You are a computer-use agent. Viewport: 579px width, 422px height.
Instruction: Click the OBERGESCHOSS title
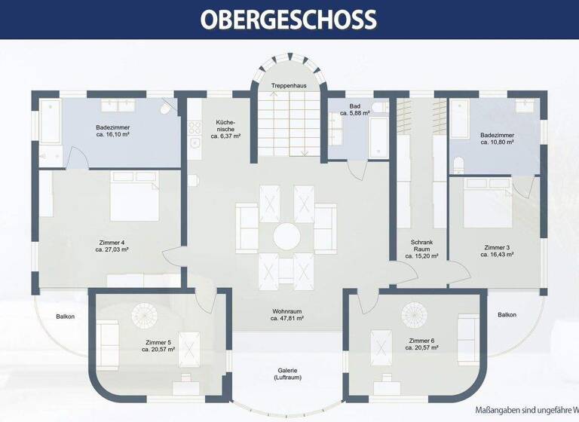coord(289,19)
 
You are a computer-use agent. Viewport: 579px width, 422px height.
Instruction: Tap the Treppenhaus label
coord(289,87)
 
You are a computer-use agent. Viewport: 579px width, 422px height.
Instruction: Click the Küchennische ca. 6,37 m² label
coord(225,130)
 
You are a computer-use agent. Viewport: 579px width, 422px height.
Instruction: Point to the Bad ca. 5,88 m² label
coord(356,110)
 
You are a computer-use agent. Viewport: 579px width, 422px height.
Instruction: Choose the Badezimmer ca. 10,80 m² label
coord(497,139)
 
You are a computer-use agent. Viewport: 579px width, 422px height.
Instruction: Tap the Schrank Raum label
coord(421,249)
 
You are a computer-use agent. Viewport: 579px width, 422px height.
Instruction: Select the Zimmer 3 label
coord(497,251)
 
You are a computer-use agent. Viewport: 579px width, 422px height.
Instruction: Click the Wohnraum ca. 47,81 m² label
coord(286,315)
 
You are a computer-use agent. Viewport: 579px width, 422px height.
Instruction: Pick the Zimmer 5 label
coord(158,346)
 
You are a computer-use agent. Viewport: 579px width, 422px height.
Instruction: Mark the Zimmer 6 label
coord(421,345)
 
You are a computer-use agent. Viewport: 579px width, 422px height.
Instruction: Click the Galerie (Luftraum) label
coord(286,375)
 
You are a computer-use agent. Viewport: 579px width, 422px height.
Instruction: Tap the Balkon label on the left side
coord(66,316)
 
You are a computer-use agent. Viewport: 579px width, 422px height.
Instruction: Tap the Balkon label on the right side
coord(507,315)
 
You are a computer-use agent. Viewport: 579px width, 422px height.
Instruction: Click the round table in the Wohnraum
coord(286,235)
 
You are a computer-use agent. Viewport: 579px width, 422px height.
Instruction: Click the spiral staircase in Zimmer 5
coord(143,315)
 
